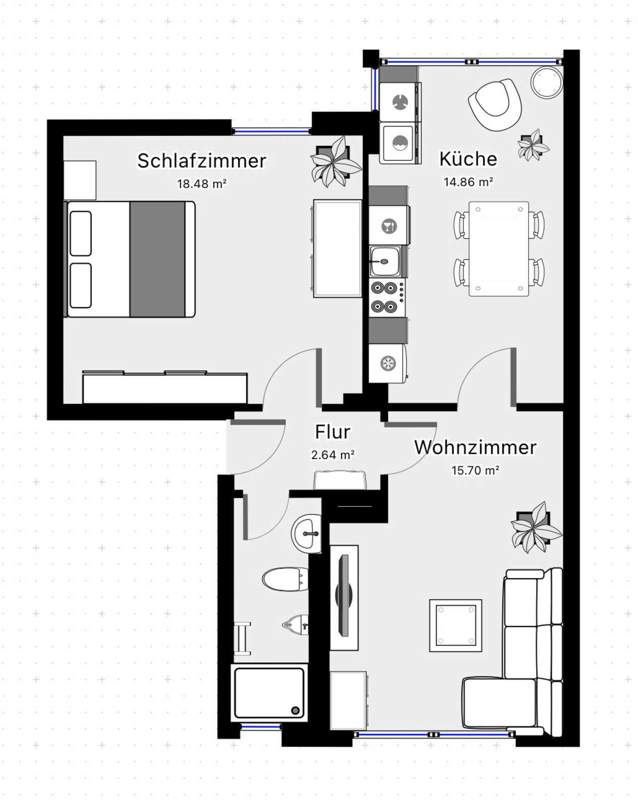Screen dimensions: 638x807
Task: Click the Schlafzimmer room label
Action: pyautogui.click(x=202, y=160)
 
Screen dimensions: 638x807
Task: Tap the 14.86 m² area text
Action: pyautogui.click(x=468, y=182)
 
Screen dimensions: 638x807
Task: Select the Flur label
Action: pyautogui.click(x=332, y=432)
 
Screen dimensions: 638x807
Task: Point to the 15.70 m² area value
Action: pyautogui.click(x=475, y=470)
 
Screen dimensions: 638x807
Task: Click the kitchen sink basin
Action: pyautogui.click(x=385, y=261)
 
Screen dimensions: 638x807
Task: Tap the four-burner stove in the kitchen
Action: pyautogui.click(x=387, y=298)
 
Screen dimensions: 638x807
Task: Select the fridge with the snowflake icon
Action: pyautogui.click(x=388, y=363)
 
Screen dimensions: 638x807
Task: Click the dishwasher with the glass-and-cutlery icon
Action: pyautogui.click(x=389, y=226)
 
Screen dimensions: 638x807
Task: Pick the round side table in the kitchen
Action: pyautogui.click(x=547, y=83)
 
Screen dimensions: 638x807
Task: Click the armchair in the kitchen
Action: pyautogui.click(x=495, y=104)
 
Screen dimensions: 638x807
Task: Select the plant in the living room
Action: pyautogui.click(x=535, y=528)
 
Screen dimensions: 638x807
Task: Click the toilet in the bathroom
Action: pyautogui.click(x=285, y=580)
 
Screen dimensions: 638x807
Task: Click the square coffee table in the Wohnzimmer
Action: pyautogui.click(x=455, y=625)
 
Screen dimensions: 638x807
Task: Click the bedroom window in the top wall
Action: pyautogui.click(x=271, y=131)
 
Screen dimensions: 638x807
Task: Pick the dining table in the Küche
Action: pyautogui.click(x=498, y=249)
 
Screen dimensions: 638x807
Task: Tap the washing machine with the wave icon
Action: pyautogui.click(x=400, y=143)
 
